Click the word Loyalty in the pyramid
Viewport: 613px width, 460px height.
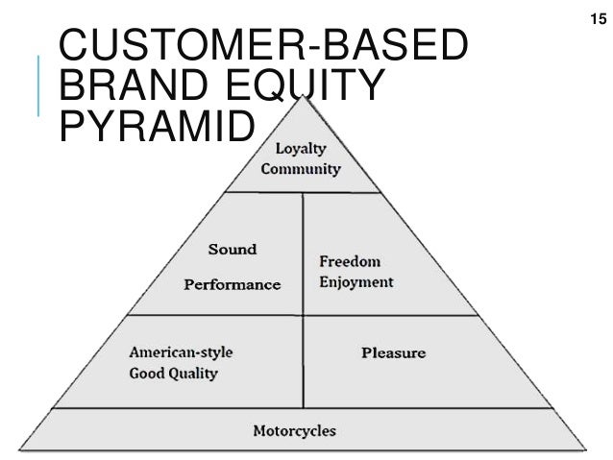(301, 149)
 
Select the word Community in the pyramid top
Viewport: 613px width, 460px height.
(301, 169)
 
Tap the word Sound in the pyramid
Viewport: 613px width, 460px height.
(233, 249)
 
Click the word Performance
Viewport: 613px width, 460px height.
(233, 284)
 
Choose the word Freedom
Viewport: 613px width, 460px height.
(350, 261)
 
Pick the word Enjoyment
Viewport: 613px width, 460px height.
(356, 282)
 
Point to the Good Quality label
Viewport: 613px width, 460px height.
(174, 373)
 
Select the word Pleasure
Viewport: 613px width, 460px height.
(393, 352)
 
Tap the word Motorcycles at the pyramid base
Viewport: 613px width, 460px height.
(294, 430)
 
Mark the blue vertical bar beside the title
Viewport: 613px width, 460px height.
(38, 86)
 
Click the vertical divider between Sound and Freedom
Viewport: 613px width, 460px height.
(303, 252)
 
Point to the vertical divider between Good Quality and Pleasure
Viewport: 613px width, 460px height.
(303, 361)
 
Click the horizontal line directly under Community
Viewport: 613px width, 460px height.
(302, 191)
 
